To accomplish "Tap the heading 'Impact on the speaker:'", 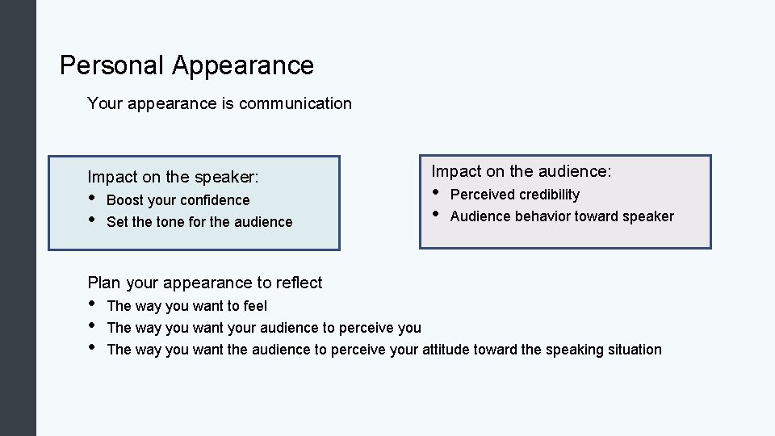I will click(x=173, y=177).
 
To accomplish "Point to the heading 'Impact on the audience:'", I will click(x=522, y=171).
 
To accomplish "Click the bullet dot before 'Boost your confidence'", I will click(x=93, y=198).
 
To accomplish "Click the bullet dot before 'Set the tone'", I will click(x=93, y=220).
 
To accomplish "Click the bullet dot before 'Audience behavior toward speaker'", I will click(x=437, y=214).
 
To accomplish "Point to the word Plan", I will click(x=103, y=283).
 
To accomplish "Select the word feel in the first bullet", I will click(x=255, y=306).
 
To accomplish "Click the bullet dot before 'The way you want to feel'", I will click(x=93, y=304).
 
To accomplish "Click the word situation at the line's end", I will click(x=633, y=350).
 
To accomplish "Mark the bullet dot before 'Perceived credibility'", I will click(x=437, y=192).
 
